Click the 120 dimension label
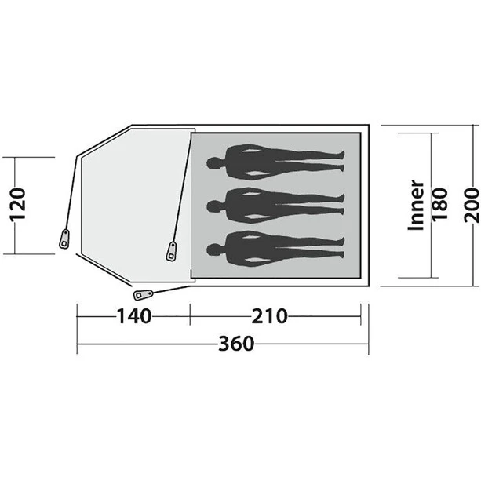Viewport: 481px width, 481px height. point(21,205)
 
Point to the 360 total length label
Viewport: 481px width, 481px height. point(236,344)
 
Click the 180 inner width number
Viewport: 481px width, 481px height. point(439,205)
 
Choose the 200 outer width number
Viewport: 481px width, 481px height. point(470,205)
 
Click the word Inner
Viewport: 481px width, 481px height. point(417,205)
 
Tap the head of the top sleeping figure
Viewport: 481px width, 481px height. point(213,164)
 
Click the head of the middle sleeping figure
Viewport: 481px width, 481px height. point(213,206)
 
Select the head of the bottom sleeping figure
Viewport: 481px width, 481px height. point(213,250)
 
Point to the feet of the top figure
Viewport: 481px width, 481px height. point(339,164)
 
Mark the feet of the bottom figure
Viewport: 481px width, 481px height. point(339,250)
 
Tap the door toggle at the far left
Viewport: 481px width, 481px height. point(63,239)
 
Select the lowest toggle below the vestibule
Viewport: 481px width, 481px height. point(143,294)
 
